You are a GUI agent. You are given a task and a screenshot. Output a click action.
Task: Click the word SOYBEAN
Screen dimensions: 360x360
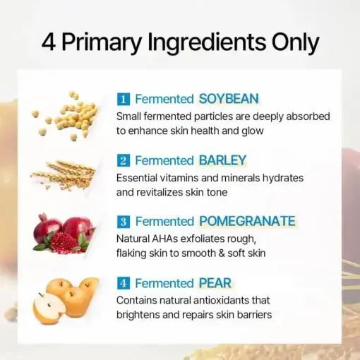pyautogui.click(x=229, y=98)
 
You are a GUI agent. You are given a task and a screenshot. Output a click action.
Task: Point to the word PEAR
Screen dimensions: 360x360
pyautogui.click(x=215, y=282)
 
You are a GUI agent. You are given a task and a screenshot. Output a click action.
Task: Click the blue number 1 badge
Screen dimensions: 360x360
pyautogui.click(x=123, y=99)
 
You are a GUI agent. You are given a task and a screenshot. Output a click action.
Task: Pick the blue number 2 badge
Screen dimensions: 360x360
pyautogui.click(x=123, y=160)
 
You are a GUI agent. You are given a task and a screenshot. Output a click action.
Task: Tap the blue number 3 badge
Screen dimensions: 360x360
pyautogui.click(x=123, y=222)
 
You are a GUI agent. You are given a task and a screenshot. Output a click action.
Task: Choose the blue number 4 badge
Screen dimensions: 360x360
pyautogui.click(x=123, y=283)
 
